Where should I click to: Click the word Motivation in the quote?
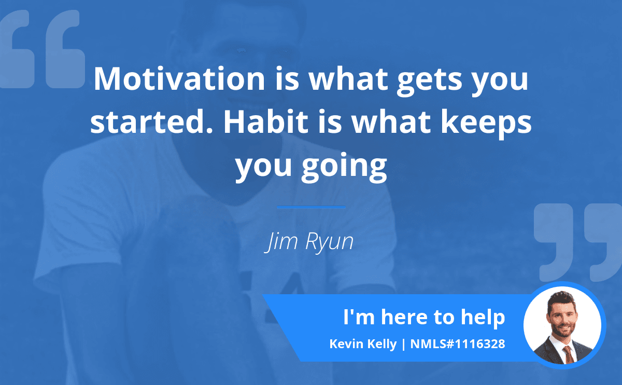179,79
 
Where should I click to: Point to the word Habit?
266,121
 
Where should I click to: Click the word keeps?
486,123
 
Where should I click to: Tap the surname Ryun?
329,242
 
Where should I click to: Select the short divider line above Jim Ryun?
311,207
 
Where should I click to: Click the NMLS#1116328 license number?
458,344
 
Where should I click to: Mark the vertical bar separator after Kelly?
403,345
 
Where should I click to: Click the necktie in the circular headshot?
569,355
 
